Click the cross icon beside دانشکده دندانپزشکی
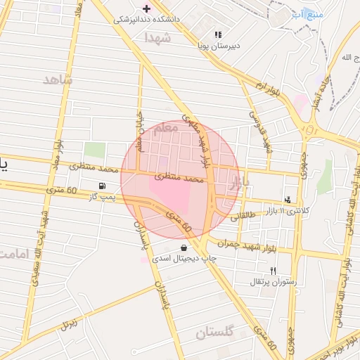point(146,8)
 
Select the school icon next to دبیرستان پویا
point(218,34)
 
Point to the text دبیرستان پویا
point(218,44)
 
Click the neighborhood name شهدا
point(157,38)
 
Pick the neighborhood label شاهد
point(58,79)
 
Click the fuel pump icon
point(104,186)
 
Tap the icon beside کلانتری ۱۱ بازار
point(288,200)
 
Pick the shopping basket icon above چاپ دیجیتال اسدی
point(184,247)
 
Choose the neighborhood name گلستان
point(214,333)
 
